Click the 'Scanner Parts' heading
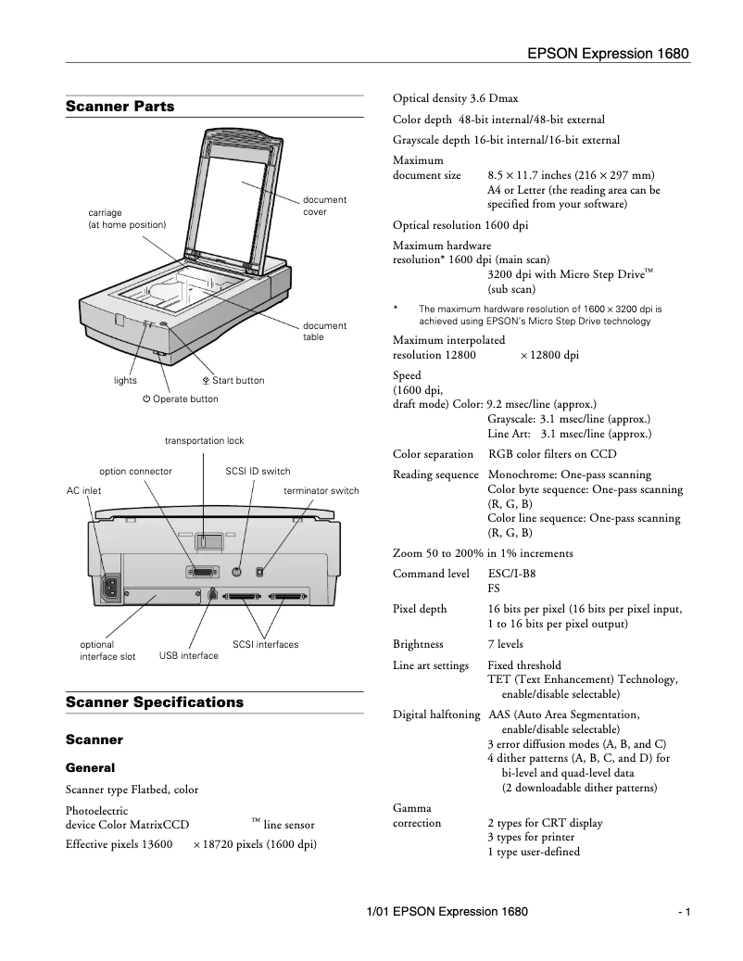coord(120,107)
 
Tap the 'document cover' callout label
coord(324,206)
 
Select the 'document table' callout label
coord(324,332)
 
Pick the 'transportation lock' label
coord(204,441)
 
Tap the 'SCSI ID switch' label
coord(258,472)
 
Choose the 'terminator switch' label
coord(321,490)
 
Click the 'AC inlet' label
coord(84,490)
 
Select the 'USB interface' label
coord(189,656)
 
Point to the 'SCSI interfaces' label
coord(265,644)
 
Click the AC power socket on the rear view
coord(113,585)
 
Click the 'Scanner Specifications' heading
coord(155,702)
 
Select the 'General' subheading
coord(91,768)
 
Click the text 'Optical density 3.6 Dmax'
coord(455,98)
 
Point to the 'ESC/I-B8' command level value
coord(511,575)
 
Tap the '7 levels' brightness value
coord(505,644)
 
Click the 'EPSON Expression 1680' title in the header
coord(609,54)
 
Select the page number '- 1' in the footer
coord(684,913)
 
